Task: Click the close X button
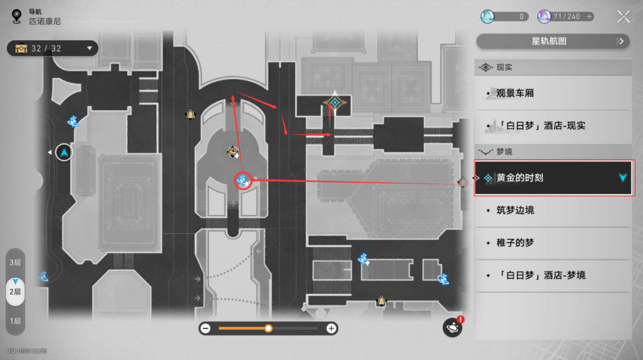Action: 624,17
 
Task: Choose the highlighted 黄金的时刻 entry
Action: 552,178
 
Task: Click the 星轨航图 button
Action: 552,41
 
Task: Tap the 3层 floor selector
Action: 15,263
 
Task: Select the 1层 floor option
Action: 15,321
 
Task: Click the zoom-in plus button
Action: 331,328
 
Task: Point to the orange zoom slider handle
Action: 269,328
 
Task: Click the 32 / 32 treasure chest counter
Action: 52,48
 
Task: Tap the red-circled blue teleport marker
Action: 242,180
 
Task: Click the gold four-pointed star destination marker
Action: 334,103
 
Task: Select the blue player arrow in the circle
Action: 64,153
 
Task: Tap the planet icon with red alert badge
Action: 452,327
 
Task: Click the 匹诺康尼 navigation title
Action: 45,22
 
